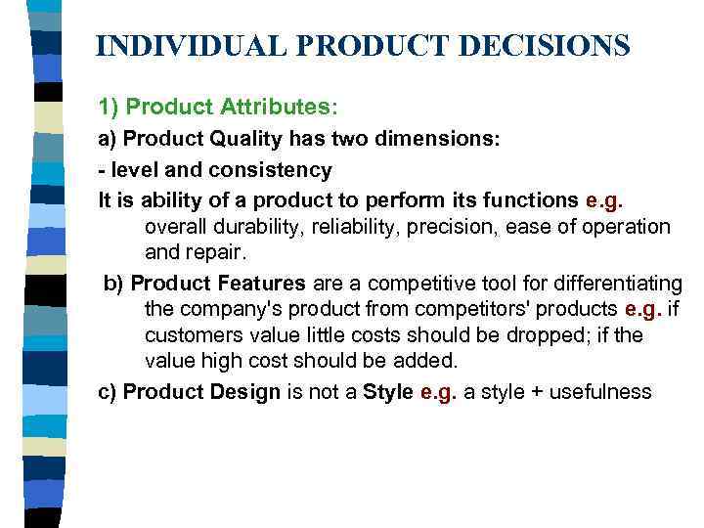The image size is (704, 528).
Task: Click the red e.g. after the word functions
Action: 603,200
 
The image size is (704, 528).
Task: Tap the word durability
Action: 253,227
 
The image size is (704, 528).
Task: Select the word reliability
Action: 356,227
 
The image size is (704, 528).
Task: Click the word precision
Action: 461,227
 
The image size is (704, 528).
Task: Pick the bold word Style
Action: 387,392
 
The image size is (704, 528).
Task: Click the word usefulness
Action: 599,392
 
